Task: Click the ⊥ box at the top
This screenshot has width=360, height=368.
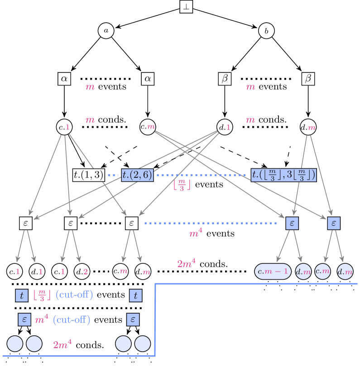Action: click(x=186, y=7)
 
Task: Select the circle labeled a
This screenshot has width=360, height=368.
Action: click(x=106, y=31)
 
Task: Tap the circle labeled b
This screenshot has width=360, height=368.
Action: click(x=266, y=31)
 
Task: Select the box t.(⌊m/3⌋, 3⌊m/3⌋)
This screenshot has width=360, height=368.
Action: click(x=283, y=175)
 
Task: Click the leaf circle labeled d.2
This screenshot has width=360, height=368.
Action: click(x=82, y=272)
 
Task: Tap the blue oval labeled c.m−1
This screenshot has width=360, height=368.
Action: click(x=273, y=272)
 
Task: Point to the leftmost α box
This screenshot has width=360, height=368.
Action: click(x=64, y=79)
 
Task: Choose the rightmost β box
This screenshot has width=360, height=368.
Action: click(x=308, y=79)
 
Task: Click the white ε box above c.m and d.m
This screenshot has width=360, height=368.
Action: click(x=131, y=223)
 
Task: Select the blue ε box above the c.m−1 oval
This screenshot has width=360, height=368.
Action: click(x=293, y=223)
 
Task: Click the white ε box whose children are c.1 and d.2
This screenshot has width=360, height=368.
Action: click(x=71, y=223)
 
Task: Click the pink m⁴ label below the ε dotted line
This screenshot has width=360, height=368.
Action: click(x=196, y=234)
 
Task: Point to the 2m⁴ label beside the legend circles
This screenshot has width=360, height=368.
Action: click(x=62, y=345)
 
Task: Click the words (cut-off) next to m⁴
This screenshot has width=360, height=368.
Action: click(x=72, y=320)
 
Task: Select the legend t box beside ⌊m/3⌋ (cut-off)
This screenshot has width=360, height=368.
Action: click(x=21, y=296)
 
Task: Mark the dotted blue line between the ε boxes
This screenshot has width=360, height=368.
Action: click(x=211, y=223)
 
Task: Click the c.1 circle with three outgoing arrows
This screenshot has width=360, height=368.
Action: click(x=64, y=128)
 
